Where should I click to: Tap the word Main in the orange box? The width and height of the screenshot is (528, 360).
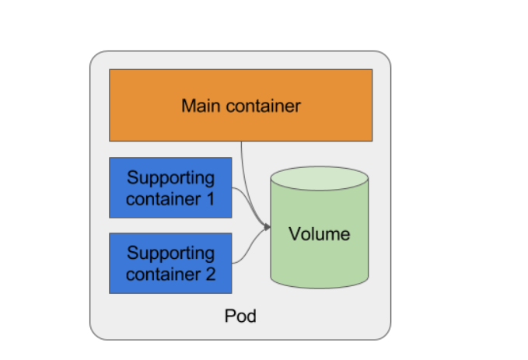point(198,106)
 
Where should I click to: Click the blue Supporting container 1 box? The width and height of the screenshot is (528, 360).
point(170,187)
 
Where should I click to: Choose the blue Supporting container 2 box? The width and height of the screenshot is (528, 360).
point(170,263)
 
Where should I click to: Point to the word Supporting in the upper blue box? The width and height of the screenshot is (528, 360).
point(170,177)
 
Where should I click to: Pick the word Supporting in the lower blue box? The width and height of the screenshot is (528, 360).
point(170,253)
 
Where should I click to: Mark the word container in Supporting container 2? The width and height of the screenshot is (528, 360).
point(162,274)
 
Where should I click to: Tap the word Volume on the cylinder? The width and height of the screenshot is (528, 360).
point(319,233)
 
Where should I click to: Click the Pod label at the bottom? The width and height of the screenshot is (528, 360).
point(240,316)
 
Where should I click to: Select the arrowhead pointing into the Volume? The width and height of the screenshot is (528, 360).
point(267,227)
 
